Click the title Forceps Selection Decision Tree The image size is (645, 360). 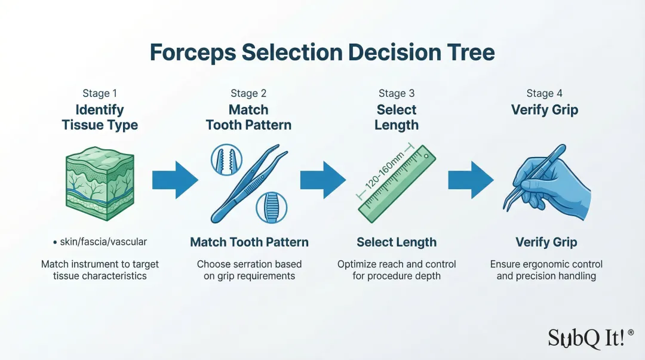pos(322,53)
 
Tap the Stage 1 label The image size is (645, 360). pos(99,94)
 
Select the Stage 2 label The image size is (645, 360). pos(248,94)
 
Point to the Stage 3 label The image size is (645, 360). pos(396,94)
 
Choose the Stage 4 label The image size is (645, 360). pos(544,94)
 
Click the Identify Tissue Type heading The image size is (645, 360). pos(100,118)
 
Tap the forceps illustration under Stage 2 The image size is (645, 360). pos(246,182)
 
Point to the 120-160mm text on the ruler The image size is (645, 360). pos(385,171)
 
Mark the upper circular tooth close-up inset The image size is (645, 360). pos(226,159)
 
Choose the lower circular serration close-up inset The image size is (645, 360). pos(272,208)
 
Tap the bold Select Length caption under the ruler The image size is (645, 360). pos(397,242)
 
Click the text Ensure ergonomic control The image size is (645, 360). pos(546,264)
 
